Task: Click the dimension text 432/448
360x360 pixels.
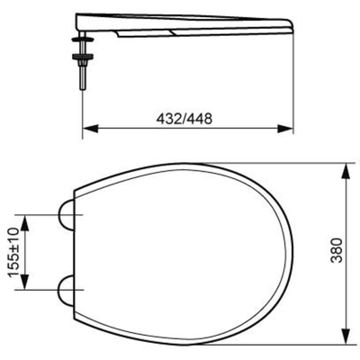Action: [x=184, y=119]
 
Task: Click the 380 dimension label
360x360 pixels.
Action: [x=337, y=250]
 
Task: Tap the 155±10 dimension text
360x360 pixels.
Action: [x=15, y=252]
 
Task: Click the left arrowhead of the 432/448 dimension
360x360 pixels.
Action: [x=91, y=129]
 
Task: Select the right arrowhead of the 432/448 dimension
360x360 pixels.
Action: [x=285, y=129]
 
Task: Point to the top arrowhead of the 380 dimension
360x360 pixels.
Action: [x=346, y=171]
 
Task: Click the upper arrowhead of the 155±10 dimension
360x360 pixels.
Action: [x=24, y=223]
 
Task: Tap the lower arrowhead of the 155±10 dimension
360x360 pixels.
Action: [x=24, y=282]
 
